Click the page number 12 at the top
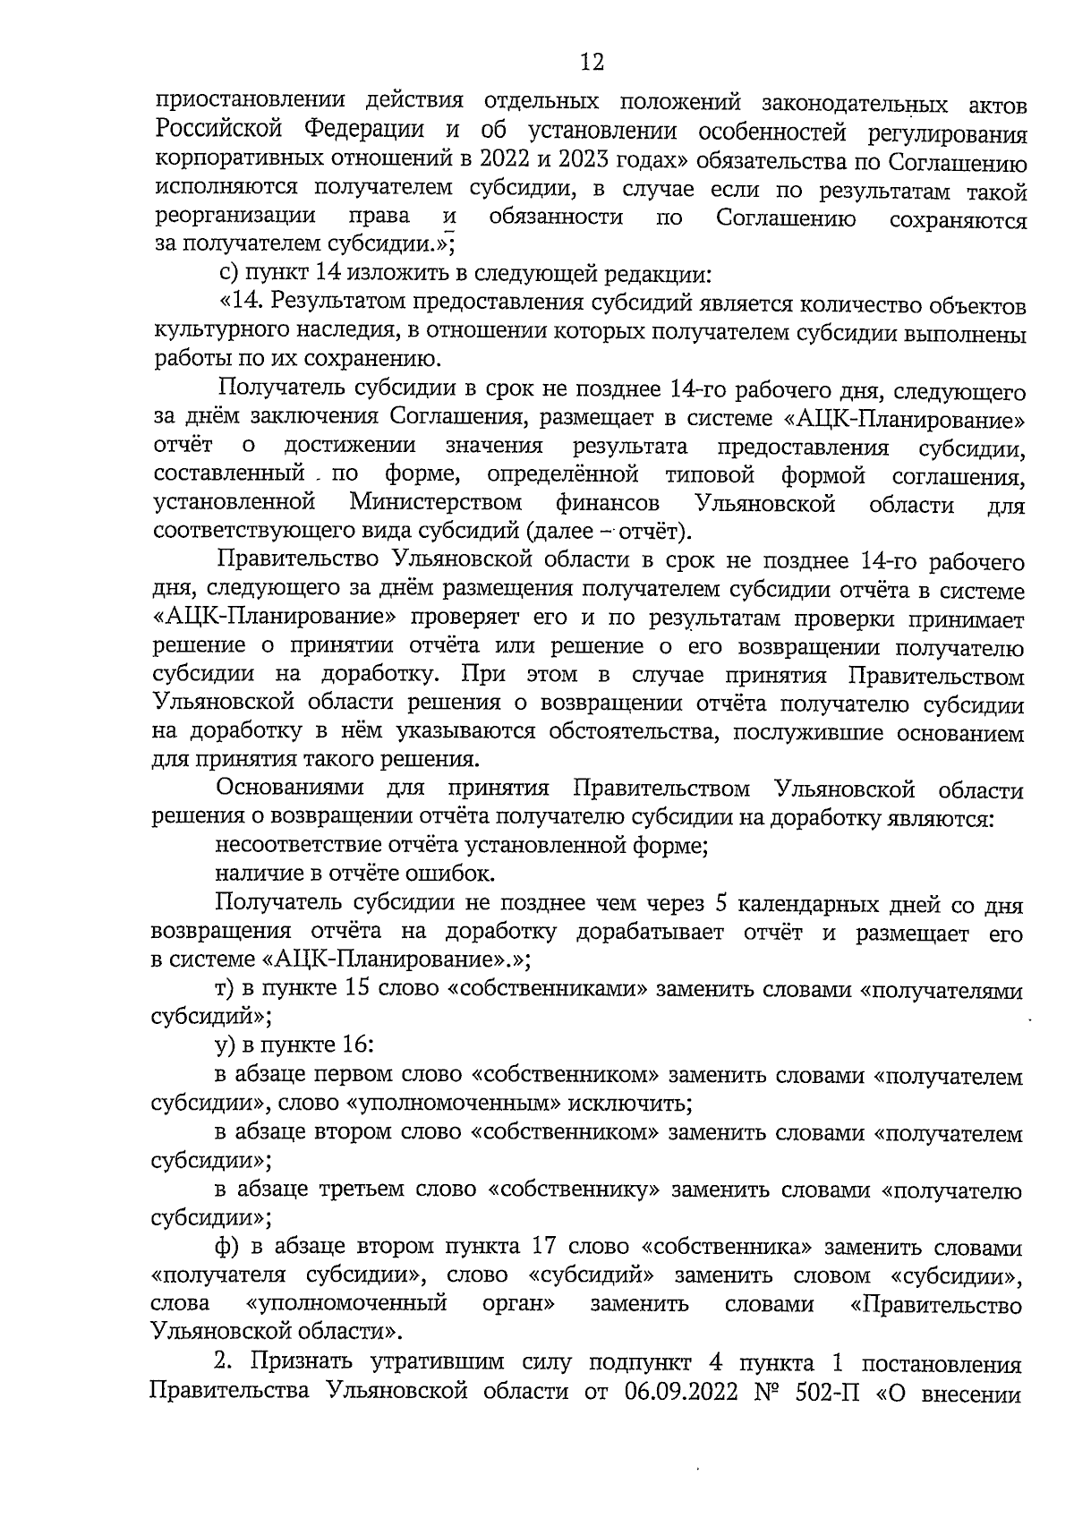point(592,63)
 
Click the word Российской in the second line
point(218,130)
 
